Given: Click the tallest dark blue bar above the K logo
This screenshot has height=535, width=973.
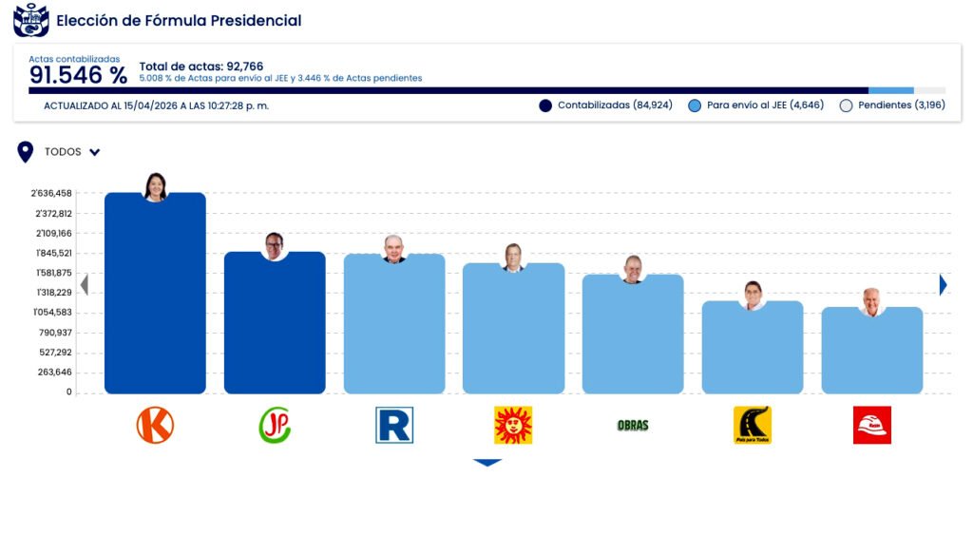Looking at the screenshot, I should pyautogui.click(x=155, y=295).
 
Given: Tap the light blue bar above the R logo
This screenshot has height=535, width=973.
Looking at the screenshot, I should pyautogui.click(x=394, y=326).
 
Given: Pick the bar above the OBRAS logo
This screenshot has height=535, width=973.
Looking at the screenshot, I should pyautogui.click(x=633, y=335).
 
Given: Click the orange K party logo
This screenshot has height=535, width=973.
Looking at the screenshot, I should pyautogui.click(x=155, y=425).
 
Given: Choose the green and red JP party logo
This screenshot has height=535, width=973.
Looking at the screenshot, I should pyautogui.click(x=275, y=425).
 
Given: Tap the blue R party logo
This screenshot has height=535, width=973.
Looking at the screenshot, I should pyautogui.click(x=394, y=425).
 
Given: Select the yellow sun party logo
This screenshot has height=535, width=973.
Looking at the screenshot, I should pyautogui.click(x=513, y=425).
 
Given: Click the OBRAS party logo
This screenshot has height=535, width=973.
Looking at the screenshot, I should pyautogui.click(x=633, y=425).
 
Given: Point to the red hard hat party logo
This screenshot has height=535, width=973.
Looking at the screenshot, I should pyautogui.click(x=871, y=425).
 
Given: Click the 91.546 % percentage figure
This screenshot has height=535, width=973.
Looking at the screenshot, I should pyautogui.click(x=78, y=76).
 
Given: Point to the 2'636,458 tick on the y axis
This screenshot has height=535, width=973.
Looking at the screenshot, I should pyautogui.click(x=51, y=193).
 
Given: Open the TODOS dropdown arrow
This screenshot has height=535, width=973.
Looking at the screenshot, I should pyautogui.click(x=95, y=152).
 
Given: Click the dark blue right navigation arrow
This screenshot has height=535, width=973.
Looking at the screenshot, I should pyautogui.click(x=943, y=284).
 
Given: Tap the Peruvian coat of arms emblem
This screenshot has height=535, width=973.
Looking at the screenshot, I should pyautogui.click(x=30, y=20).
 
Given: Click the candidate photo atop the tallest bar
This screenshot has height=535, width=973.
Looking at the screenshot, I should pyautogui.click(x=155, y=187).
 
